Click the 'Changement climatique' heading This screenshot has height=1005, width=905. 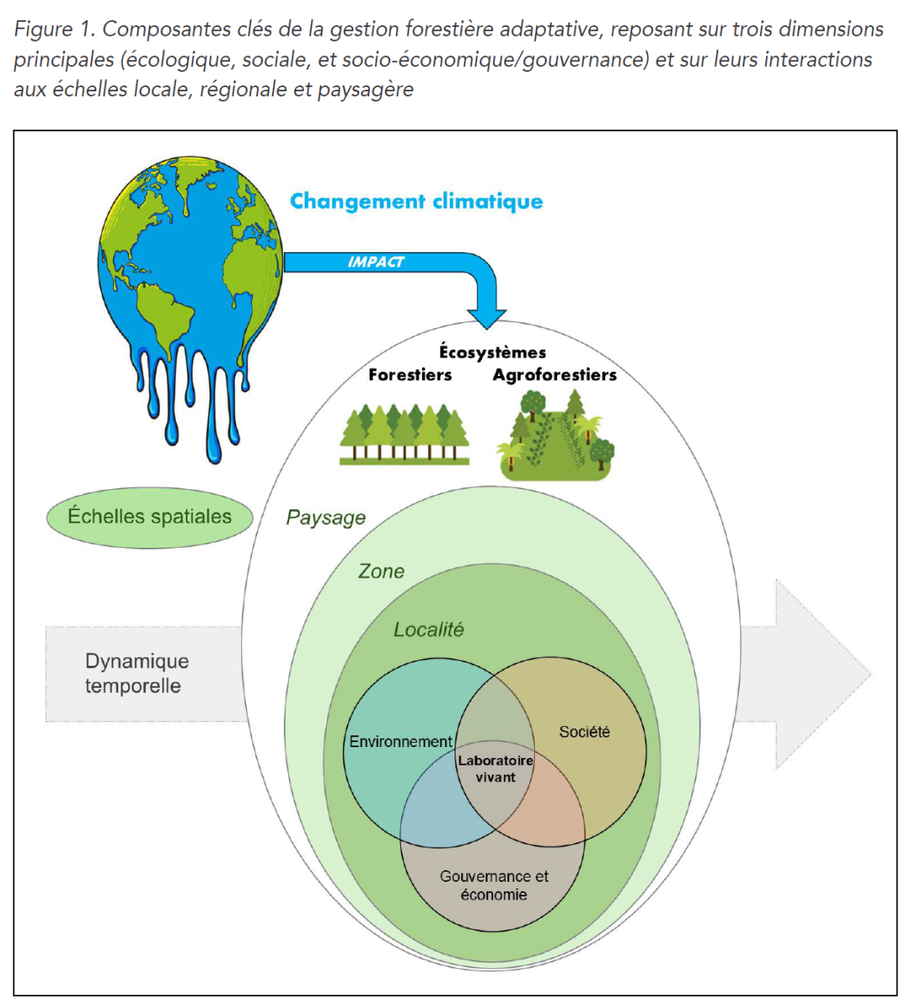click(x=416, y=202)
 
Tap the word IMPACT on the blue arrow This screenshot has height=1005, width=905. click(x=376, y=262)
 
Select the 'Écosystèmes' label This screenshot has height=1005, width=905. click(x=492, y=353)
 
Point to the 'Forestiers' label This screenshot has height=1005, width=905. click(x=410, y=375)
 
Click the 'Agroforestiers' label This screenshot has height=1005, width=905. click(x=554, y=375)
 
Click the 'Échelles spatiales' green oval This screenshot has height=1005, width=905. click(x=150, y=517)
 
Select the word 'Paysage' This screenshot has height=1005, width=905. click(x=326, y=518)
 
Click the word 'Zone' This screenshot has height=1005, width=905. click(x=381, y=571)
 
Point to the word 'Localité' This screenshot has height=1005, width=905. click(x=429, y=630)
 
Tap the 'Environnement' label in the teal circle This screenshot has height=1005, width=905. click(x=400, y=742)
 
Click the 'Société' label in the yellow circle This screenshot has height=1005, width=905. click(x=584, y=732)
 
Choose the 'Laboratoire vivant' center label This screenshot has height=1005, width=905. click(x=496, y=769)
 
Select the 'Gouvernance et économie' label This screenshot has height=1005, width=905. click(x=494, y=885)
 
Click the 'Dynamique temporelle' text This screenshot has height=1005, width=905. click(x=136, y=673)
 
